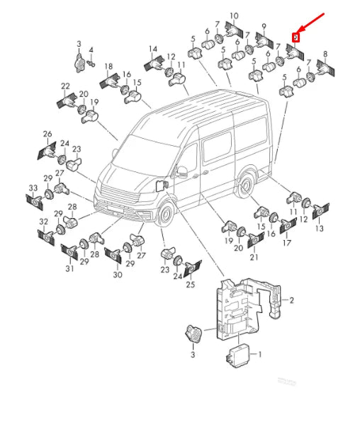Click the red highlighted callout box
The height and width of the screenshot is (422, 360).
click(x=296, y=37)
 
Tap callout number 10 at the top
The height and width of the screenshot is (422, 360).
click(x=233, y=16)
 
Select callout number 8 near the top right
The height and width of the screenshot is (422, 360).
click(x=325, y=54)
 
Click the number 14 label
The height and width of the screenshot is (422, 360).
click(x=152, y=49)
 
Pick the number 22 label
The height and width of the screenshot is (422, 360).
click(x=65, y=86)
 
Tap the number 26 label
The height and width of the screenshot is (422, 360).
click(x=47, y=134)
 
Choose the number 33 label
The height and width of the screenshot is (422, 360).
click(x=32, y=188)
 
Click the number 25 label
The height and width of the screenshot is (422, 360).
click(x=190, y=285)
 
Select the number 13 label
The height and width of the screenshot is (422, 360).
click(x=318, y=229)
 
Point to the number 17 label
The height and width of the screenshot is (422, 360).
click(x=286, y=243)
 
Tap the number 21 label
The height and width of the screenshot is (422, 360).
click(x=254, y=256)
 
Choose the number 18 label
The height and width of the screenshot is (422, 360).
click(x=108, y=66)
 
